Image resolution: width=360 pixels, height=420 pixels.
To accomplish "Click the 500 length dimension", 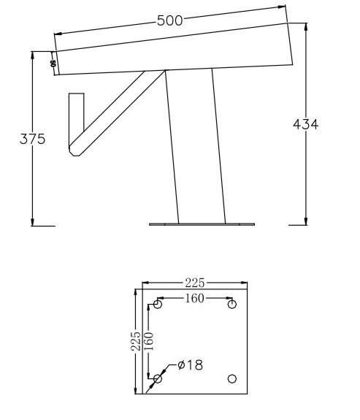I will pos(169,20).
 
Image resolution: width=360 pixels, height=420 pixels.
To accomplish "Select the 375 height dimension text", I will pos(32,139).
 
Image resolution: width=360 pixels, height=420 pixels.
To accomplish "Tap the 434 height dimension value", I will pos(305,125).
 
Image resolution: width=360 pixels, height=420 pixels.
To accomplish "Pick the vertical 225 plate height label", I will pos(135,340).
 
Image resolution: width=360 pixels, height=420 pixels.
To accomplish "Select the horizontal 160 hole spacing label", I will pos(194,298).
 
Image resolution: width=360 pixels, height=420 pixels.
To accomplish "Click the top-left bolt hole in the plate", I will pos(157,304).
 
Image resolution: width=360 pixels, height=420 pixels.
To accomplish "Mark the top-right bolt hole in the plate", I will pos(232,304).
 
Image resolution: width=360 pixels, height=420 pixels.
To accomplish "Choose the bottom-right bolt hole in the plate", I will pos(232,378).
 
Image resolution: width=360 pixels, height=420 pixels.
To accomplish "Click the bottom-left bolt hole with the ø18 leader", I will pos(157,378).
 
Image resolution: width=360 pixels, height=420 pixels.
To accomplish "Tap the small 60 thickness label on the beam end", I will pos(53,64).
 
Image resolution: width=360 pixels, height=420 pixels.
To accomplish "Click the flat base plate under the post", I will pos(202,224).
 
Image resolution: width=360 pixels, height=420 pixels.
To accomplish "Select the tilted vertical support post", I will pos(194,146).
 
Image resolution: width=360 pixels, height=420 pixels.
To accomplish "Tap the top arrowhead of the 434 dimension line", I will pos(305,25).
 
